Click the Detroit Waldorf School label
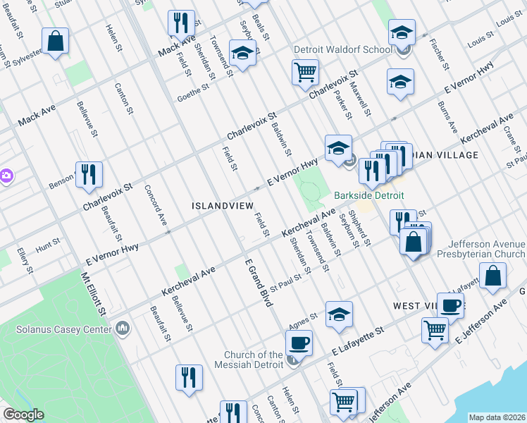click(343, 50)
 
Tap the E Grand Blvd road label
click(258, 281)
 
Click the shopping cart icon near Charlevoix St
click(305, 71)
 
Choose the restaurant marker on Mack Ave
click(181, 23)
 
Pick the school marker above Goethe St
click(242, 54)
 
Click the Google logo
click(23, 415)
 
